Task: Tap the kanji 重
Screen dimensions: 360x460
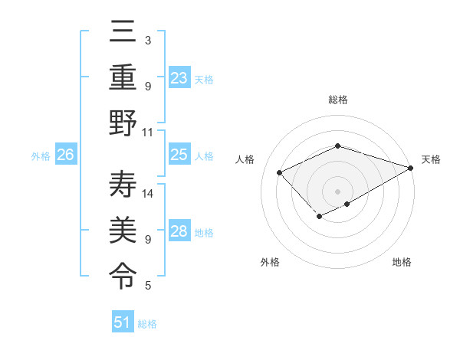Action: click(x=123, y=78)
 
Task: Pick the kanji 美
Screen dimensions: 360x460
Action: click(x=123, y=227)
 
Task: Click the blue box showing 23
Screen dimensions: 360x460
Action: click(x=179, y=78)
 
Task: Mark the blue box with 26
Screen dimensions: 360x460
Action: click(x=65, y=155)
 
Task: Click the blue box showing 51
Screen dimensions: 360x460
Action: click(x=123, y=322)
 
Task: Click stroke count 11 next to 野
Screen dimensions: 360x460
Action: click(x=148, y=131)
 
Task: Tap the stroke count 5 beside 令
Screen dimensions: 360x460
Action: click(x=148, y=286)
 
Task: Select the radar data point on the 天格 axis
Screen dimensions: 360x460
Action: click(x=411, y=168)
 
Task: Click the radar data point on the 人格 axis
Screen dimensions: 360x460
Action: click(x=280, y=172)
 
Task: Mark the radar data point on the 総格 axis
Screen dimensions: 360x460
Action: click(x=337, y=146)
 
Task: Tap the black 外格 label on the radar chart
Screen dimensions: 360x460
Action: click(x=270, y=262)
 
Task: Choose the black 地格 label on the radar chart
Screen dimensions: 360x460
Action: click(x=402, y=262)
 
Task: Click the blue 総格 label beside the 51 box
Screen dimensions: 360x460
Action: click(x=147, y=324)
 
